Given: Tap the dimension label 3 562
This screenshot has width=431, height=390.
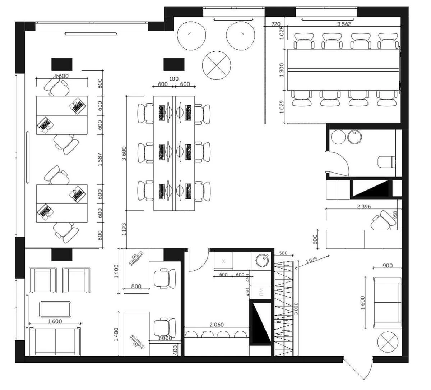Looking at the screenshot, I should point(344,24).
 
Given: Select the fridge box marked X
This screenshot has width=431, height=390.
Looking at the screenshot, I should point(223,261).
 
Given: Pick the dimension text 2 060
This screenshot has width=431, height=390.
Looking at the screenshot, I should point(216,325).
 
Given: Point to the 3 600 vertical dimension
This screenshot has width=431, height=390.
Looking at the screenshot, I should point(124,153).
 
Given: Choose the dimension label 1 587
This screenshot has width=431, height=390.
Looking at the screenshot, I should point(100,159).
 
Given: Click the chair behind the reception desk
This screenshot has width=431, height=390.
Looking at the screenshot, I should point(382,221).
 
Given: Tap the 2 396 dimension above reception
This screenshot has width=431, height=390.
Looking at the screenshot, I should point(363,206).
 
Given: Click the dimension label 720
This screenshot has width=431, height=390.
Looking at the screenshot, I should point(275,24).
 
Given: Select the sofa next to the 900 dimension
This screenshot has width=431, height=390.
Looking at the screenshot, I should point(387,302).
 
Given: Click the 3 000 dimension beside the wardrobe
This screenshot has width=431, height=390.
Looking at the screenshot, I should point(296,308).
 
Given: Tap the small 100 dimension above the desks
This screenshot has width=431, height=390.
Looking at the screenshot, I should point(174,79).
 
